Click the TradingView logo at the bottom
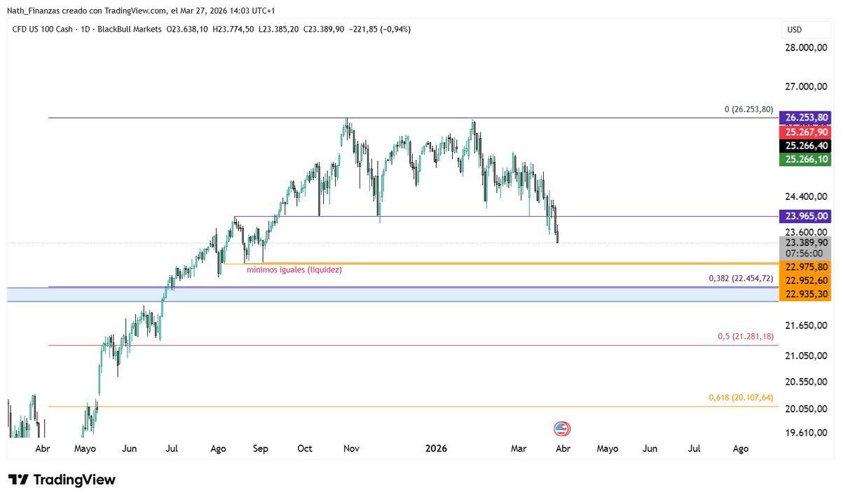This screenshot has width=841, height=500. (x=62, y=480)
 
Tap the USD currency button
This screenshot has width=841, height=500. (x=795, y=29)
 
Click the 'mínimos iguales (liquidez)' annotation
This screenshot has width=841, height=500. (x=294, y=269)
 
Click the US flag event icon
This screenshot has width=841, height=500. (x=561, y=429)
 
